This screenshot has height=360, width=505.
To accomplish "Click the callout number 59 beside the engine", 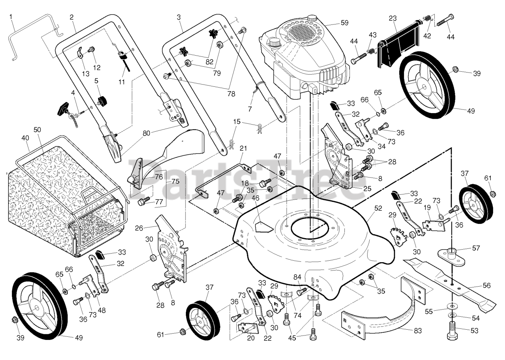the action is [x=344, y=23].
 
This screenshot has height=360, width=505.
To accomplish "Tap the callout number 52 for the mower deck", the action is [x=378, y=208].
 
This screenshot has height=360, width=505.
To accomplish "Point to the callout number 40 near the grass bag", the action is [x=25, y=138].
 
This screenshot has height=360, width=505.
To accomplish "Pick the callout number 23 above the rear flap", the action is [x=393, y=18].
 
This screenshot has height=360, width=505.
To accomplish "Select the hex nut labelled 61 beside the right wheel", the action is [x=493, y=194].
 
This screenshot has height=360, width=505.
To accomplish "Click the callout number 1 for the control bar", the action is [x=11, y=17].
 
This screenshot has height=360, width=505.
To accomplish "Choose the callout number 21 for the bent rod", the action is [x=243, y=148].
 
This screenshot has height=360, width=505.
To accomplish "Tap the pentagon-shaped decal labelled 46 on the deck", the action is [x=264, y=227].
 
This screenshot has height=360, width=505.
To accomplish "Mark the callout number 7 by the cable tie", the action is [x=250, y=109].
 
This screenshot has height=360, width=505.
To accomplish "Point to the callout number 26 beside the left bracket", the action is [x=139, y=228].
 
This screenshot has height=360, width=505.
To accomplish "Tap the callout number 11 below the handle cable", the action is [x=122, y=82].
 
